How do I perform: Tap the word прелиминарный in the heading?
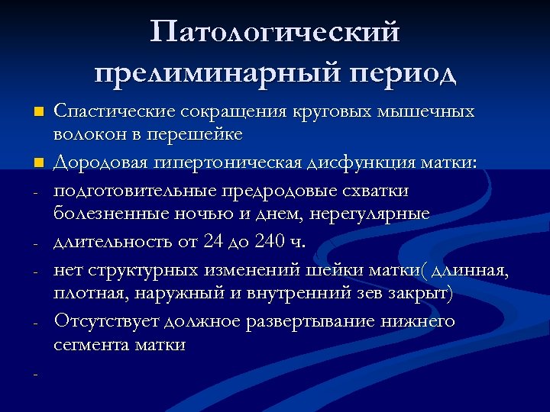click(204, 74)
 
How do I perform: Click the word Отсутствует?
click(100, 320)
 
